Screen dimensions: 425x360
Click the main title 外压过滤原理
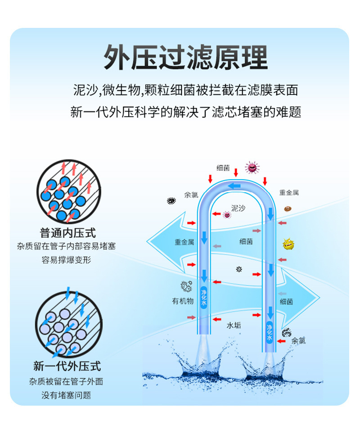click(x=185, y=58)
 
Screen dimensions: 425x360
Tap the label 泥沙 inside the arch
click(x=238, y=208)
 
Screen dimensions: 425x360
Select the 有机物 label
click(x=183, y=301)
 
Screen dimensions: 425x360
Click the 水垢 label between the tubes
click(x=234, y=324)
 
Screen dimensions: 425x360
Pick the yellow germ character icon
click(x=288, y=244)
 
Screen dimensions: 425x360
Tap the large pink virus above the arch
click(x=252, y=168)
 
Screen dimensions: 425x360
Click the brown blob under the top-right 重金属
click(x=287, y=208)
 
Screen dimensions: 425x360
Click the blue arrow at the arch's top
click(x=234, y=186)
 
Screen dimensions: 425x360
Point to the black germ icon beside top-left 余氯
click(x=171, y=200)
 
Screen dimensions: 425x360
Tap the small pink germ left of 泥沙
click(x=227, y=215)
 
